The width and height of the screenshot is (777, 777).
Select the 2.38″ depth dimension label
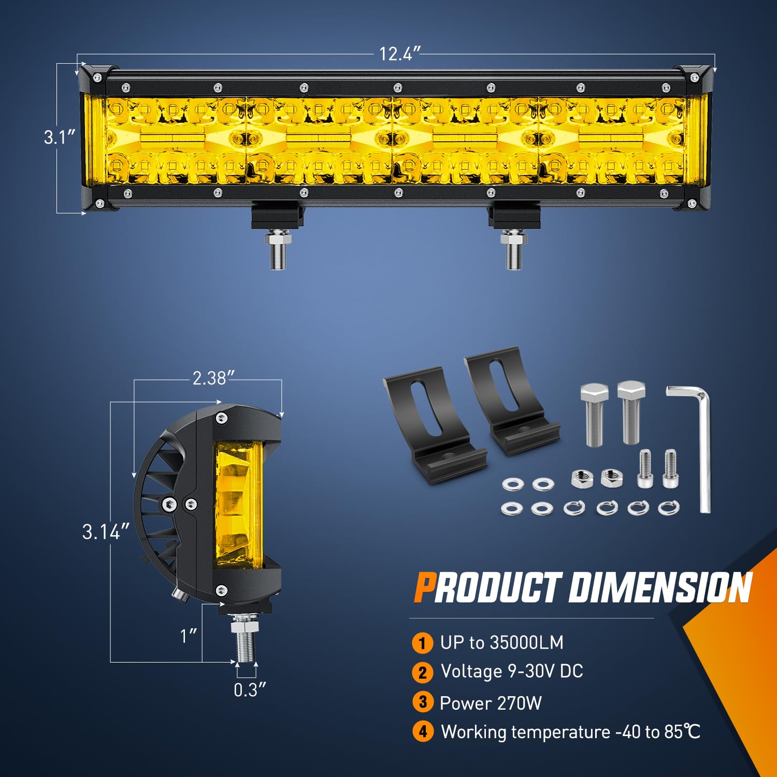(210, 379)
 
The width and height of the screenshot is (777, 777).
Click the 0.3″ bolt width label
(250, 690)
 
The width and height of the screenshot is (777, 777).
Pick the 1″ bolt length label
(189, 636)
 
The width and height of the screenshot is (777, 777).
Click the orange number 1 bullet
(423, 643)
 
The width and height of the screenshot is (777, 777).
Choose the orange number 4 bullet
(423, 732)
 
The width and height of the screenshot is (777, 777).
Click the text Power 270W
(491, 703)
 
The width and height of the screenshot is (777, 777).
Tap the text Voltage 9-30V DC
(512, 671)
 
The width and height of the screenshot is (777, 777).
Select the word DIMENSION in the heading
(660, 588)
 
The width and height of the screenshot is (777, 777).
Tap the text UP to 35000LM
(501, 643)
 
